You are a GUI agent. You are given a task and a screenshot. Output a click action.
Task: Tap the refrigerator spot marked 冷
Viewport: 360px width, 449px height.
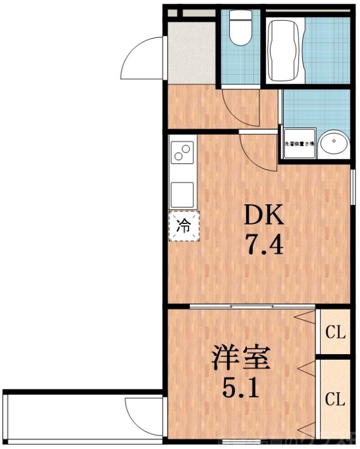(184, 226)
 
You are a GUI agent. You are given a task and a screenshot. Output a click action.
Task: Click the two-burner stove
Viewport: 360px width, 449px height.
(183, 152)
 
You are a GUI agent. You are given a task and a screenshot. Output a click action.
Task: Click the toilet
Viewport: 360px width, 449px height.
(241, 28)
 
